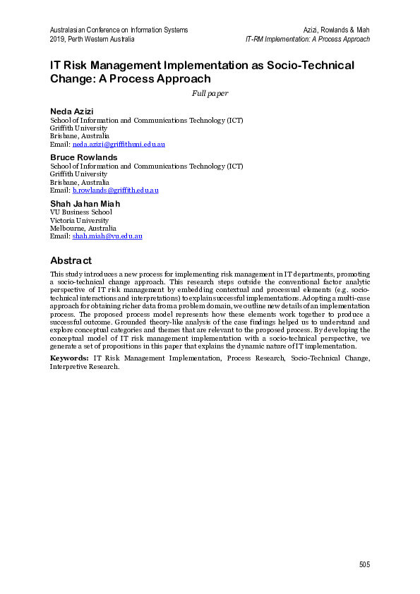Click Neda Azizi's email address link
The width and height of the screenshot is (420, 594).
119,144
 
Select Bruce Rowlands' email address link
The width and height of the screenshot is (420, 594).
115,190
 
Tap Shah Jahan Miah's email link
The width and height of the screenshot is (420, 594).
107,236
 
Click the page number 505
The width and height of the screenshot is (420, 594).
364,564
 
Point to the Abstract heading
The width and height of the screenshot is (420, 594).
71,260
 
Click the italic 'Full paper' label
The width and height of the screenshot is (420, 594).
210,93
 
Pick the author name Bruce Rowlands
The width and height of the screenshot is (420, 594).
83,157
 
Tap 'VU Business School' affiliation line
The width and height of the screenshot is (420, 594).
80,212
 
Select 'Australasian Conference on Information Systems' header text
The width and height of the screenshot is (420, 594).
119,30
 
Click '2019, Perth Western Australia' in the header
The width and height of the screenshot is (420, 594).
92,39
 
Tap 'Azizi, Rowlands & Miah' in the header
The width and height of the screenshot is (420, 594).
336,30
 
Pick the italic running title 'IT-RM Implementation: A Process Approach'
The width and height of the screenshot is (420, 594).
307,39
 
